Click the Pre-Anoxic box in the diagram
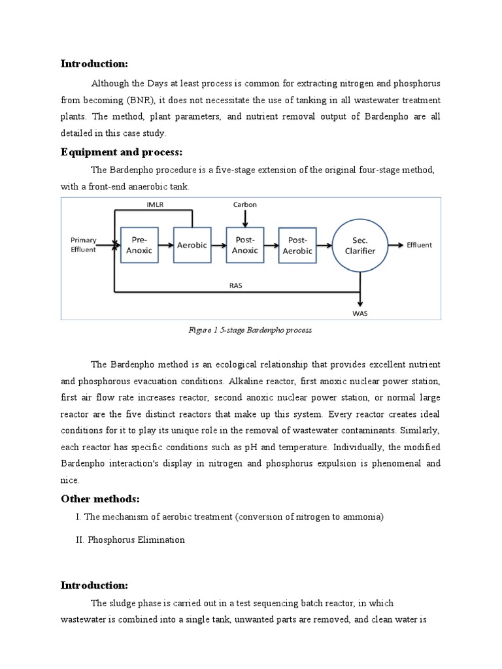[x=139, y=245]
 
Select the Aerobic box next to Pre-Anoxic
[x=192, y=245]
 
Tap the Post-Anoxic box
[x=244, y=245]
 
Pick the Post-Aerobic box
[x=297, y=246]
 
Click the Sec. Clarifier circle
[x=360, y=246]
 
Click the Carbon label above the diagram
[x=245, y=204]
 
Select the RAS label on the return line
[x=236, y=285]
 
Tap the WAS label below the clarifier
[x=360, y=314]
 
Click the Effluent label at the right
[x=419, y=245]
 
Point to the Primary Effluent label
[x=84, y=245]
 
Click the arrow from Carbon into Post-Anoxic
[x=245, y=218]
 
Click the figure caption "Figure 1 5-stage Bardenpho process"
[x=250, y=331]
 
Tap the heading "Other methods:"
[x=100, y=498]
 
